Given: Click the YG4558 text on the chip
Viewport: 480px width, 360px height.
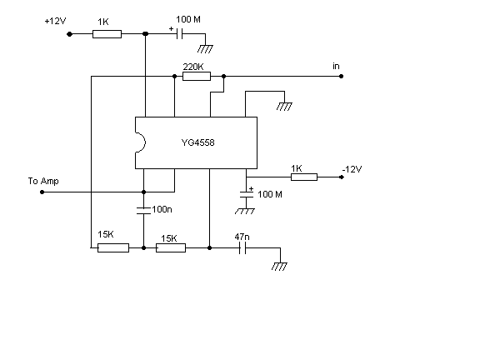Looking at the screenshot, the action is click(x=197, y=142).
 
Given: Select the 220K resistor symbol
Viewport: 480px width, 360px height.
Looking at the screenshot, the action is click(x=197, y=76).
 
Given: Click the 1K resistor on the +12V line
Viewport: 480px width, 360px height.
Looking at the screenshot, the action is click(x=107, y=34).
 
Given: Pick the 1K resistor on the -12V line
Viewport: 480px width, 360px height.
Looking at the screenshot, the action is click(x=304, y=177).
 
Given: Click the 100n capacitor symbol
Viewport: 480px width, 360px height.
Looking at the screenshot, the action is click(x=143, y=210).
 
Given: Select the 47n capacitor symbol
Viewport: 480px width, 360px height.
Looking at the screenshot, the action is click(x=242, y=248).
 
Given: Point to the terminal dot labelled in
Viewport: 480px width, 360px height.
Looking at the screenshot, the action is click(x=342, y=76).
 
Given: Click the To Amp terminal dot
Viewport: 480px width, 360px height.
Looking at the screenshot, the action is click(x=42, y=192).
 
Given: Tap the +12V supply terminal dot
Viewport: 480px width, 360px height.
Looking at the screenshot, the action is click(x=69, y=34).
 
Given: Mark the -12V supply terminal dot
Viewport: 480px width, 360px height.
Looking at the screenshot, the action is click(x=342, y=177).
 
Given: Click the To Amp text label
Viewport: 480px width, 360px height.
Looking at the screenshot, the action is click(x=43, y=181).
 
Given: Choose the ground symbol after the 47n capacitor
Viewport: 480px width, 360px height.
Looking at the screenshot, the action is click(x=279, y=266).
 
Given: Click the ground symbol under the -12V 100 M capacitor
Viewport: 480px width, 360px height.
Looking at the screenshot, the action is click(x=245, y=211).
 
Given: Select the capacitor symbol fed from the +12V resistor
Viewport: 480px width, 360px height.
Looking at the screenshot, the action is click(x=180, y=34).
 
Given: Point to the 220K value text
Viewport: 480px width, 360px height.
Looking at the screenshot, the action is click(x=193, y=67).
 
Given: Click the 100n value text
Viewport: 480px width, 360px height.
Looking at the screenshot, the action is click(x=162, y=209).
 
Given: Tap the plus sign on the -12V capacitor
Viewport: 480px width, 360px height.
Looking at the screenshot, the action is click(x=251, y=188).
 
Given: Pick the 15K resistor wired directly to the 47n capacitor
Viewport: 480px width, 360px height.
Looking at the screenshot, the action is click(x=171, y=248).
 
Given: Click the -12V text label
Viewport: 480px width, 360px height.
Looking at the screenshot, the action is click(x=352, y=169).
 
